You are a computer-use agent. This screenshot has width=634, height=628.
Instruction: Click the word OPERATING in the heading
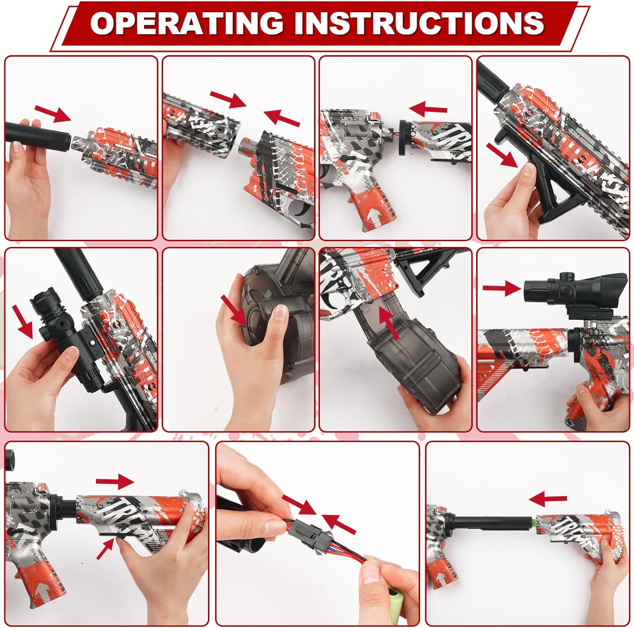point(186,23)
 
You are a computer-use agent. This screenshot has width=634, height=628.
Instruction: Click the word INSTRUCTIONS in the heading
point(418,23)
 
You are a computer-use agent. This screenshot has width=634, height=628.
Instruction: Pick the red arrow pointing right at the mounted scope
point(501,288)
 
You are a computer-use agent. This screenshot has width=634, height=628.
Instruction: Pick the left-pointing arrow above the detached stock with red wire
point(428,109)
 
